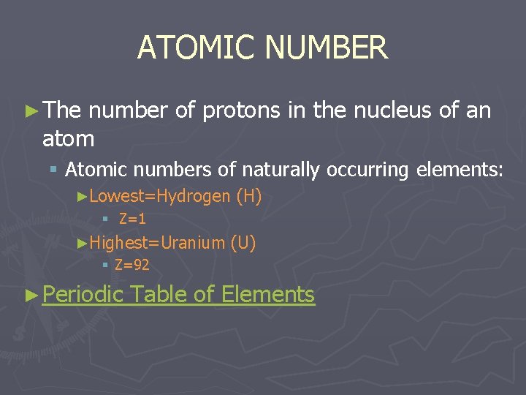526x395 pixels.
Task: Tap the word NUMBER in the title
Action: pos(326,48)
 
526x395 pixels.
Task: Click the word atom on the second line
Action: pos(68,138)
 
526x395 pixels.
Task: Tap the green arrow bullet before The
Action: pos(32,112)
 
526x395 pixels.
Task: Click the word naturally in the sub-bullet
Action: pos(281,170)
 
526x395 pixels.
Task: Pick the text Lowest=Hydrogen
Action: pos(160,196)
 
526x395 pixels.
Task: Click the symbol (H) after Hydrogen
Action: pos(249,196)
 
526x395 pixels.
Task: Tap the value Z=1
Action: pos(132,218)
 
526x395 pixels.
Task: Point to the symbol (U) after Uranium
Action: pos(243,243)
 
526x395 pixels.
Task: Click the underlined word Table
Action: pos(160,295)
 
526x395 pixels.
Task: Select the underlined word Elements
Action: pos(267,295)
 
